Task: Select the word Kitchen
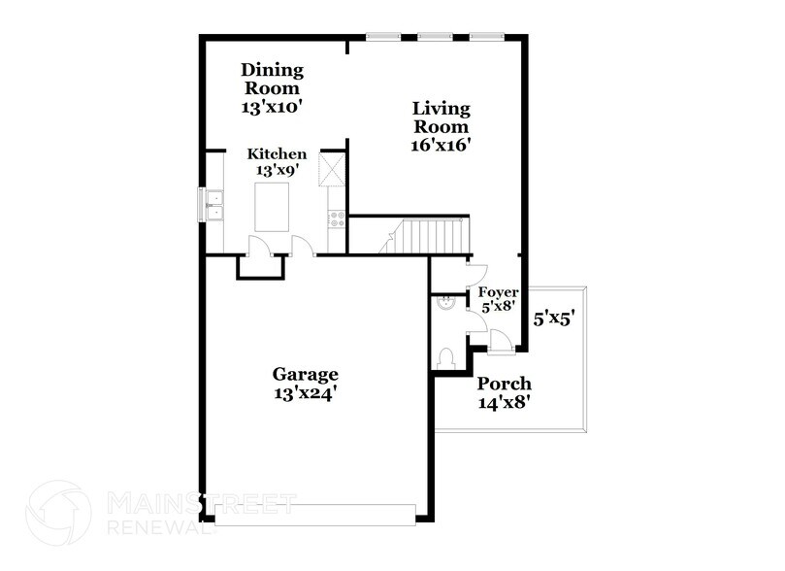(x=278, y=154)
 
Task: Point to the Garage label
(x=305, y=374)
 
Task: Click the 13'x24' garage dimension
(x=305, y=394)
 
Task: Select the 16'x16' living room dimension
(x=441, y=147)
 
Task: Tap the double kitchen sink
(x=213, y=206)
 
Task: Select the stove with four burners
(x=337, y=219)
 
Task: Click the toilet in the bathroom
(x=445, y=359)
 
